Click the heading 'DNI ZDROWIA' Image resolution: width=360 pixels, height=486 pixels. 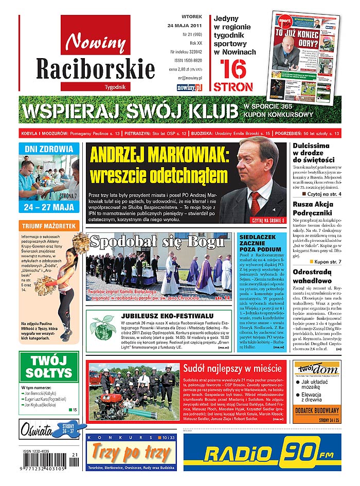coord(49,149)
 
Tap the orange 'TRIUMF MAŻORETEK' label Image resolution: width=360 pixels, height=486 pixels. coord(49,226)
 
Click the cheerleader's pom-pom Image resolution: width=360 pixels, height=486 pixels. coord(80,242)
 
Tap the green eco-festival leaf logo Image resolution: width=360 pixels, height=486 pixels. coord(101,327)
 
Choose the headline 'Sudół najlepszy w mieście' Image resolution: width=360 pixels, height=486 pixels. coord(233,368)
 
